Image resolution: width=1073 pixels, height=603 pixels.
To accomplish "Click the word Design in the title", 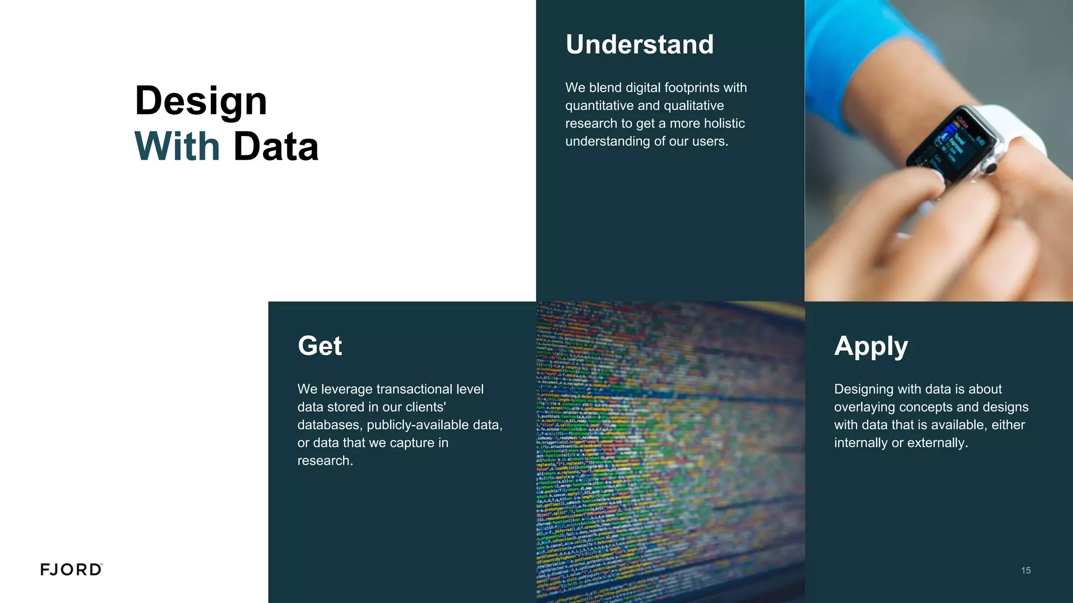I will (201, 100).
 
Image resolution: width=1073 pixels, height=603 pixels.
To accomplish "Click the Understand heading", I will (639, 44).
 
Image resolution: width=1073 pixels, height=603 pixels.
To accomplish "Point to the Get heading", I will (320, 346).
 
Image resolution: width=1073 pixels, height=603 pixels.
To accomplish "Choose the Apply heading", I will (871, 347).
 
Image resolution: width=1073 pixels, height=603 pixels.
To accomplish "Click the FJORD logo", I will (71, 569).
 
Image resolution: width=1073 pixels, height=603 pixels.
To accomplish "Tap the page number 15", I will (1026, 571).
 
